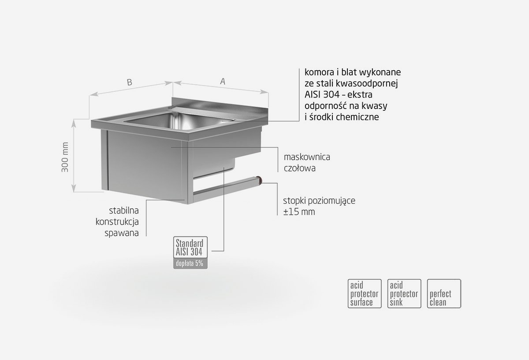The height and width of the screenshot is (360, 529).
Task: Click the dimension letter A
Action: pos(223,81)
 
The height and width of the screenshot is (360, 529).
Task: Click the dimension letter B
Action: pos(129,82)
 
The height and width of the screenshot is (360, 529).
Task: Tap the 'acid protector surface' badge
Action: pos(364,293)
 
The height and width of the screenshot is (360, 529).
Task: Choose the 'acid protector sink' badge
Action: pos(404,293)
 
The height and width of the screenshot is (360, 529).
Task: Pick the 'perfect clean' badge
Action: pos(444,293)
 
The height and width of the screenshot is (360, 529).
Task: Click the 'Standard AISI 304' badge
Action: pos(190,247)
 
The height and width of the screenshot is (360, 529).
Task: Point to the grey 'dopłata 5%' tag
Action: pos(190,264)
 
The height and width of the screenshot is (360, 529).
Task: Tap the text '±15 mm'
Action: pos(299,212)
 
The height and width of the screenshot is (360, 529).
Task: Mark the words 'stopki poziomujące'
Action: pos(319,200)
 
